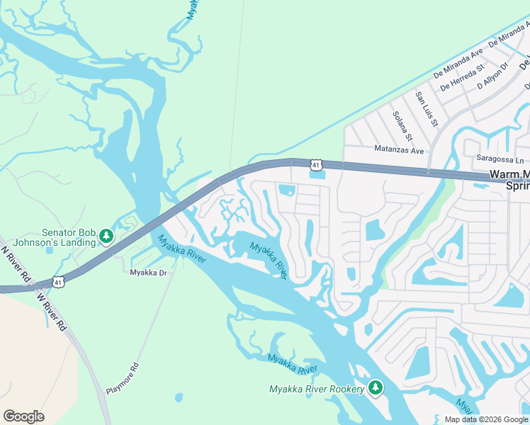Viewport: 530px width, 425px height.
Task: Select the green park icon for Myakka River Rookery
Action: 376,388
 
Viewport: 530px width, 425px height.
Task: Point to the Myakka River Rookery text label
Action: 317,389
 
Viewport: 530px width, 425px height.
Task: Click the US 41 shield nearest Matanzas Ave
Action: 315,164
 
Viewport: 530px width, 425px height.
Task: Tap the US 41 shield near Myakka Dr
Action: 57,282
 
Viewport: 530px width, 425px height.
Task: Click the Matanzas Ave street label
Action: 398,150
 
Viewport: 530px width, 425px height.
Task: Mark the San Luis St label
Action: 426,109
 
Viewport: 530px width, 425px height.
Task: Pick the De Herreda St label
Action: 461,79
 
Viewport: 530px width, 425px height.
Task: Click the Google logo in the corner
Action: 23,416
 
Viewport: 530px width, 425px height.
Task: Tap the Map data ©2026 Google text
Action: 486,419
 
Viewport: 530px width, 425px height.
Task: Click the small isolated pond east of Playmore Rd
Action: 178,397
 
